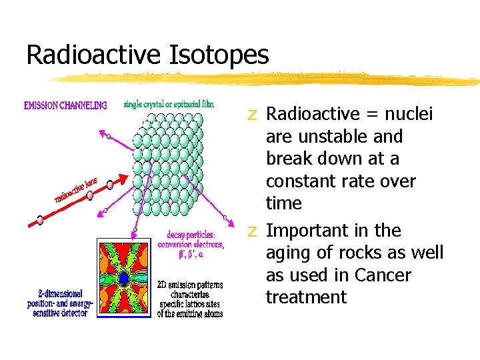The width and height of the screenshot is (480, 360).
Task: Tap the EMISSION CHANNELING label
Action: click(x=65, y=105)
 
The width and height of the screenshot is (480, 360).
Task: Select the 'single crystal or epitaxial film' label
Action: click(x=169, y=105)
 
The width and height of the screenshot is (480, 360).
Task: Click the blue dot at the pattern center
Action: click(x=124, y=278)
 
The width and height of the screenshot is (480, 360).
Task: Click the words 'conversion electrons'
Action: click(x=191, y=245)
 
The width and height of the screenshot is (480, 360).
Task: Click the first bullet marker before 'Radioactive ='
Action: click(x=252, y=115)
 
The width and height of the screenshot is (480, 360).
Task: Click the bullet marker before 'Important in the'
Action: click(x=252, y=231)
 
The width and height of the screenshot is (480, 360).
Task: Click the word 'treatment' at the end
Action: click(x=306, y=297)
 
